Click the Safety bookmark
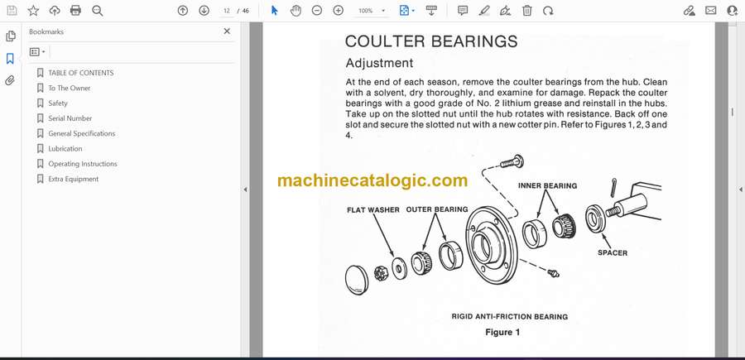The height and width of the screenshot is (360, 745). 58,103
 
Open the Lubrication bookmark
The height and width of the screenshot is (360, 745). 65,149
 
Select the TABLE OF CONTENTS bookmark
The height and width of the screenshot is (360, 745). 81,73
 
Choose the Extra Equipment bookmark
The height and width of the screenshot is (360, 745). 74,179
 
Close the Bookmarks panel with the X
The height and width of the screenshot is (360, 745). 227,31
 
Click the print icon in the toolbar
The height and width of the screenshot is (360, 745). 75,11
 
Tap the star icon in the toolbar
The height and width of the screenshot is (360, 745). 33,11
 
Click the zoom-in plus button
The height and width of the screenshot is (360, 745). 339,11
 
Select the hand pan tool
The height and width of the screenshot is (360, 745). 296,11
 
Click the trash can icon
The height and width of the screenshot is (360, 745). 527,11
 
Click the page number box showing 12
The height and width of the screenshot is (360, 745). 227,11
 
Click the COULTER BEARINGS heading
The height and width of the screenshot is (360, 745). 431,41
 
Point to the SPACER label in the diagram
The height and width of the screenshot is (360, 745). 613,253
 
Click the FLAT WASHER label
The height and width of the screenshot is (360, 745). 373,210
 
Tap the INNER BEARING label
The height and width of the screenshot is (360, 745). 547,185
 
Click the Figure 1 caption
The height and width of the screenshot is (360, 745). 502,333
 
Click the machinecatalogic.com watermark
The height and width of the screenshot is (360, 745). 372,180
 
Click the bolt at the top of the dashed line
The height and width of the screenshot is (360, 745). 512,161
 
